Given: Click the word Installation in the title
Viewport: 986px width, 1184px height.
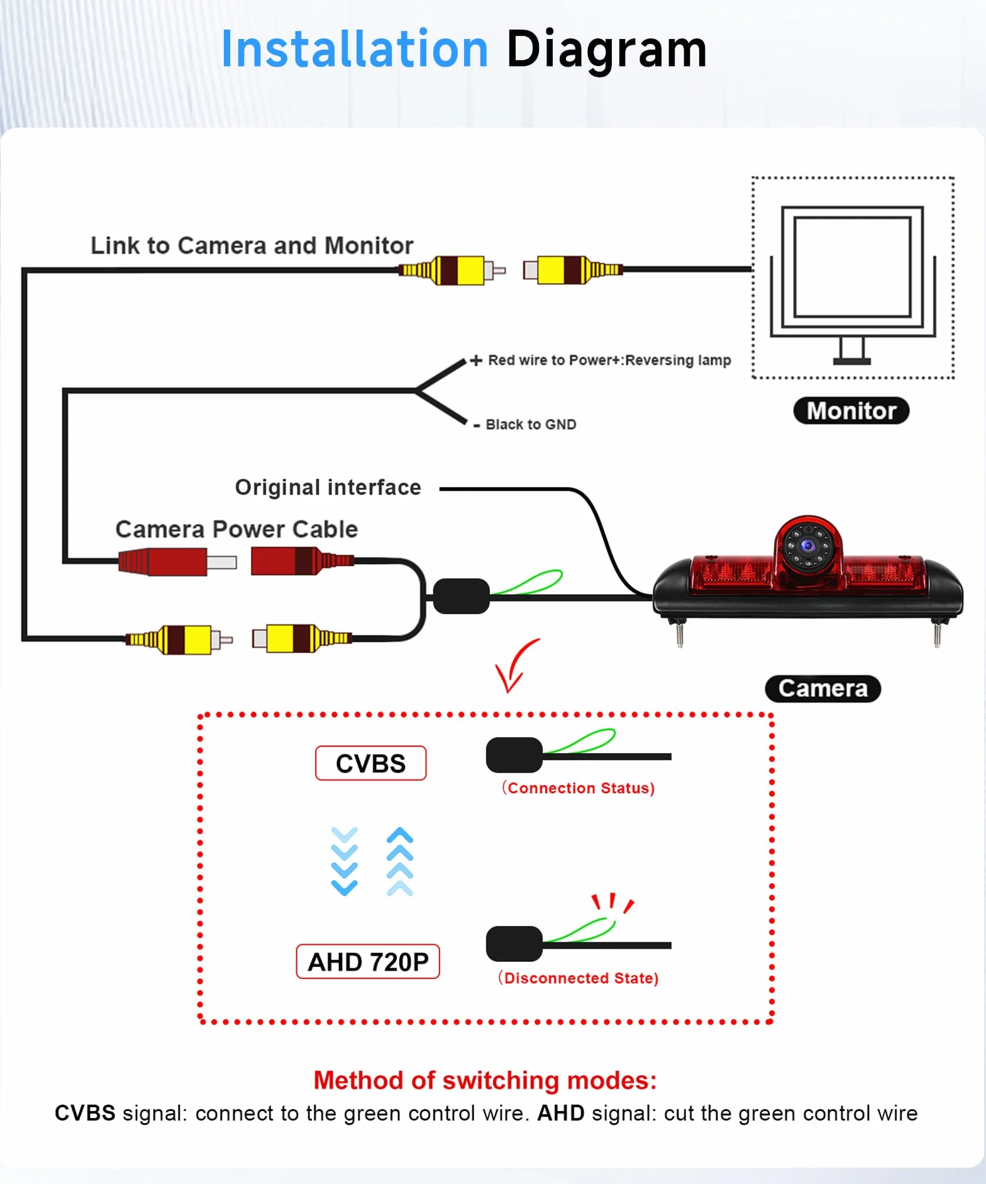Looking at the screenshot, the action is pyautogui.click(x=355, y=49).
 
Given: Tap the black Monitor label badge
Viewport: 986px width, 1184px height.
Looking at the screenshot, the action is pyautogui.click(x=851, y=411).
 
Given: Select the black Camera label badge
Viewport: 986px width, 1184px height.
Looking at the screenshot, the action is pyautogui.click(x=823, y=688).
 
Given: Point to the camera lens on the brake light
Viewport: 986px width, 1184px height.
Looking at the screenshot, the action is pyautogui.click(x=808, y=545).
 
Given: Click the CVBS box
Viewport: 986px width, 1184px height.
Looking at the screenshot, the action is pyautogui.click(x=370, y=763).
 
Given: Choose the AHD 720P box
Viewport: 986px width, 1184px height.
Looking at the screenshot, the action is pyautogui.click(x=368, y=961).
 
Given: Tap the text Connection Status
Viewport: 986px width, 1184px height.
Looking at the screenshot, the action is pyautogui.click(x=578, y=788).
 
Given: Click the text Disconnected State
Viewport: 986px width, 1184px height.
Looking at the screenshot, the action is pyautogui.click(x=578, y=978).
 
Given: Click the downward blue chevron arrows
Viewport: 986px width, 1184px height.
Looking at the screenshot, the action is pyautogui.click(x=344, y=861).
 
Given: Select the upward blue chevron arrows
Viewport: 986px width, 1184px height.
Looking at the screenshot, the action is pyautogui.click(x=400, y=861).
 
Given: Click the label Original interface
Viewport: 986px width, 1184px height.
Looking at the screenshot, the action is pyautogui.click(x=328, y=488).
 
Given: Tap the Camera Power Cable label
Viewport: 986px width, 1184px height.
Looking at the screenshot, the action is pyautogui.click(x=236, y=529).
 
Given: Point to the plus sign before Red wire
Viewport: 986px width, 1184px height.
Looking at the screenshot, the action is pyautogui.click(x=476, y=360).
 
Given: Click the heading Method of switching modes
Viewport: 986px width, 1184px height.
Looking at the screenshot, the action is pyautogui.click(x=485, y=1080).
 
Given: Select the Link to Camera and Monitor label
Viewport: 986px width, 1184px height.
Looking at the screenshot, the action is pyautogui.click(x=252, y=245).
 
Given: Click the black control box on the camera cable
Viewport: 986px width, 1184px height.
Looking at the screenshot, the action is pyautogui.click(x=462, y=596).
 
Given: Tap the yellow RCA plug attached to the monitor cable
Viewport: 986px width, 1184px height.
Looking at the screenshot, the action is pyautogui.click(x=572, y=270).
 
